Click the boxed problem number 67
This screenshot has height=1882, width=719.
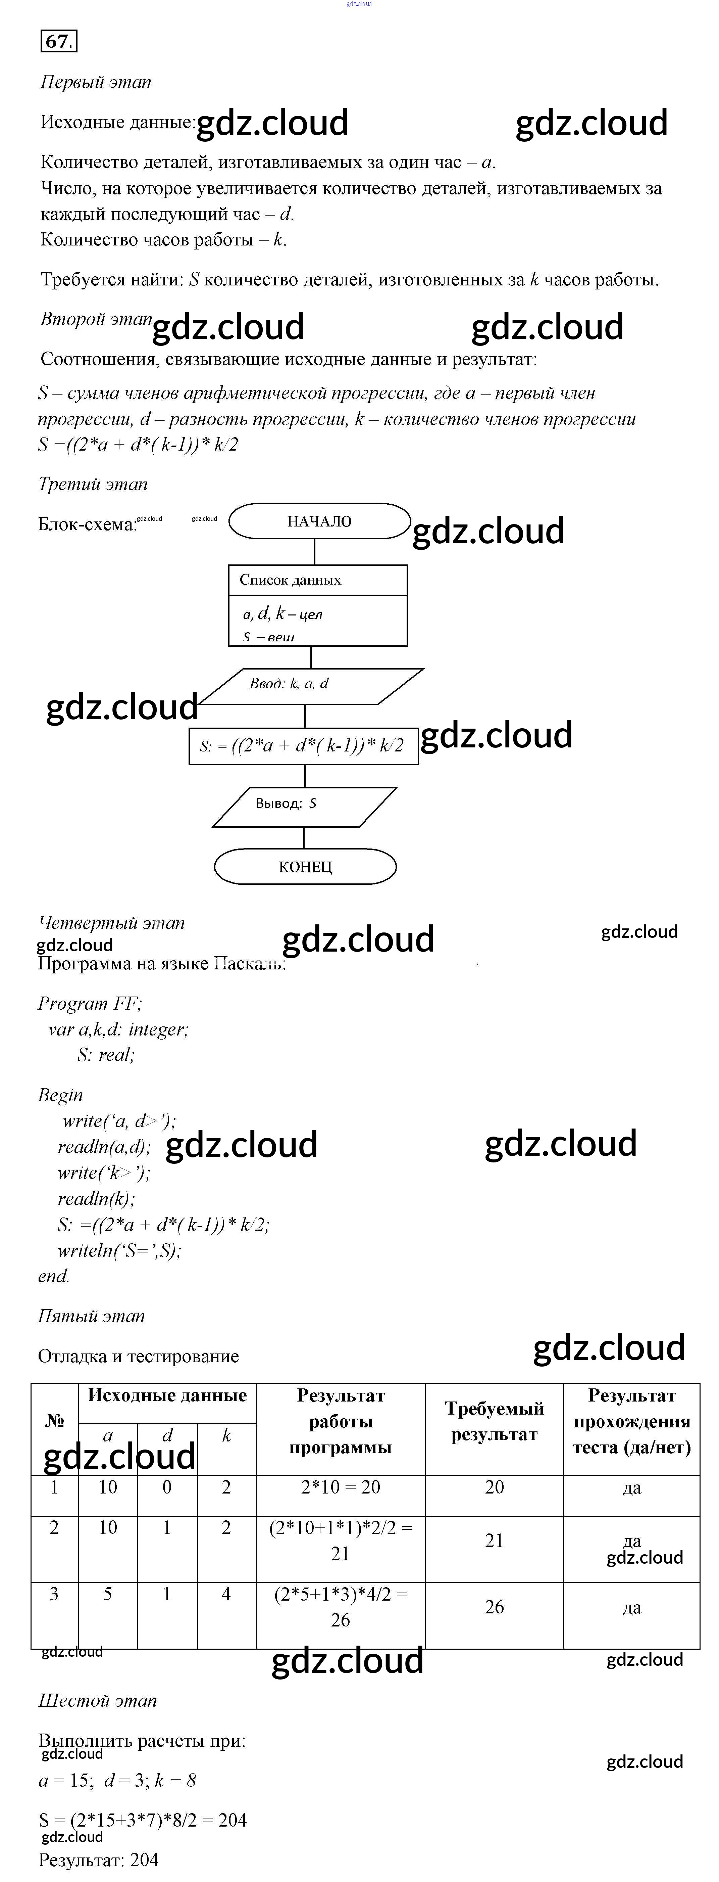58,42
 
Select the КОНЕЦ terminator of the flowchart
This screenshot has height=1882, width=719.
305,867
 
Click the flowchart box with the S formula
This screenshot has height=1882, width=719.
303,746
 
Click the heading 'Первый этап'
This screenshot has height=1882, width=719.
96,82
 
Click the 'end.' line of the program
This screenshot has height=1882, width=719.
54,1276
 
